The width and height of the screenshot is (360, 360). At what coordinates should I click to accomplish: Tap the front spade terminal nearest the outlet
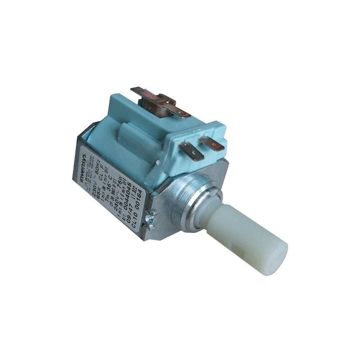point(192,152)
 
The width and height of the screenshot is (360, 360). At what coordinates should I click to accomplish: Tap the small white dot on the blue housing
point(157,161)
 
